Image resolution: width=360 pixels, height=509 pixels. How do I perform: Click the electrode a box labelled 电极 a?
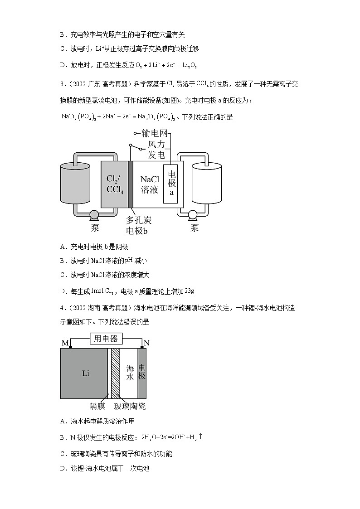[x=172, y=184]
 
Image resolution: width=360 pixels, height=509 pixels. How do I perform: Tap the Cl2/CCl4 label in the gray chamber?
[x=115, y=184]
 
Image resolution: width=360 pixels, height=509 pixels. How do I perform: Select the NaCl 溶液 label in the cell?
[x=149, y=184]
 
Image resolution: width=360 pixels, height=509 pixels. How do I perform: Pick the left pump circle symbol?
[x=94, y=215]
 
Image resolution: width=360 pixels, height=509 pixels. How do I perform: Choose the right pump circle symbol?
[x=194, y=215]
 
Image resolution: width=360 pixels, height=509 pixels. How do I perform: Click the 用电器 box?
[x=106, y=339]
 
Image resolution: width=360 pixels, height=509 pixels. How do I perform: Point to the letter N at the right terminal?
[x=146, y=343]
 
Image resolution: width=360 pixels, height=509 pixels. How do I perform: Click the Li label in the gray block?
[x=86, y=373]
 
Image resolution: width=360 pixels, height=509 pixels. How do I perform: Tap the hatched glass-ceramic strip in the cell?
[x=115, y=373]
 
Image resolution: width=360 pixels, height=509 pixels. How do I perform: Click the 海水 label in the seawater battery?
[x=130, y=373]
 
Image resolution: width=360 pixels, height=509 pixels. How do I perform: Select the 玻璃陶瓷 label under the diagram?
[x=130, y=406]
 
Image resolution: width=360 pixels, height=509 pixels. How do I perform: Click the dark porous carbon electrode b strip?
[x=131, y=184]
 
